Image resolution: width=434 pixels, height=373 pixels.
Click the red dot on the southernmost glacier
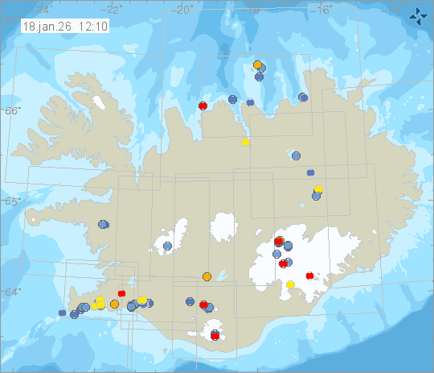coord(215,334)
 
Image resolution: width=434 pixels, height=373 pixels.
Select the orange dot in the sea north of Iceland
coord(257,64)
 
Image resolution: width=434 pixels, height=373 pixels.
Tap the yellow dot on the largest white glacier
coord(290,284)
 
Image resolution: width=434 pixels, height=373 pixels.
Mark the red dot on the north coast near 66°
coord(203,106)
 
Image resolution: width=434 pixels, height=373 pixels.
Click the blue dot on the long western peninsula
coord(103,225)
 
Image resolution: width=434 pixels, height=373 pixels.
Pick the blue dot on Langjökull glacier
coord(168,245)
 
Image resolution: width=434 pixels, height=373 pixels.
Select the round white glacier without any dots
coord(226,228)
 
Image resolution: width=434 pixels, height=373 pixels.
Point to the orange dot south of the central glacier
coord(207,277)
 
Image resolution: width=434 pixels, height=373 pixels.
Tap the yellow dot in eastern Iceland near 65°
coord(319,189)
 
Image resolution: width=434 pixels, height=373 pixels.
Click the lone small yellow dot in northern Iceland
coord(245,143)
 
